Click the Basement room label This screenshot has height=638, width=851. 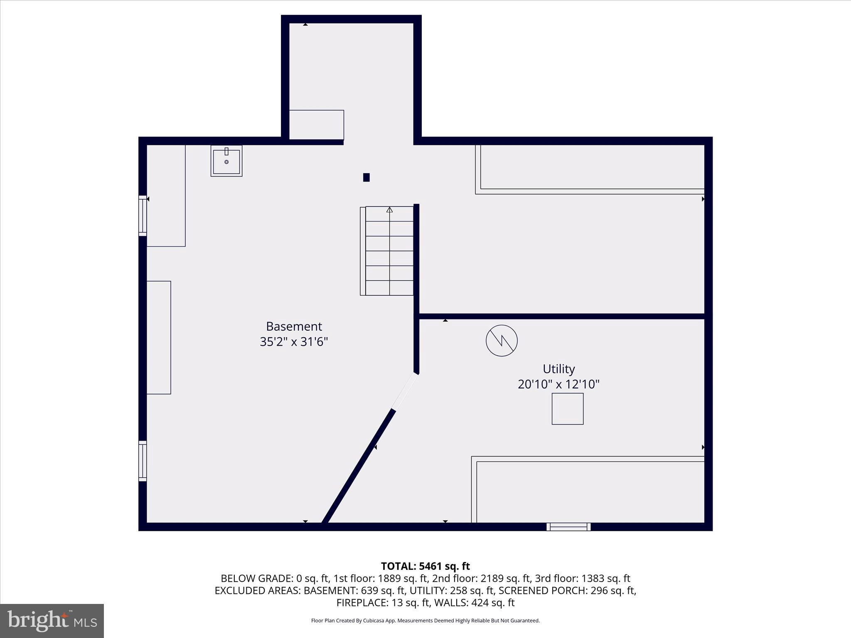click(x=294, y=326)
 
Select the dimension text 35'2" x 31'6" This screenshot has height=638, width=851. click(x=294, y=342)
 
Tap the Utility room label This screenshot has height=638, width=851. click(x=558, y=369)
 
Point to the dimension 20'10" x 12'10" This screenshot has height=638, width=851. click(x=558, y=384)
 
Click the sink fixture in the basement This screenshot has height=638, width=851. click(x=226, y=161)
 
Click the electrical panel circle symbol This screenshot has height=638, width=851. click(x=502, y=341)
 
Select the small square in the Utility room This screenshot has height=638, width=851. click(x=567, y=409)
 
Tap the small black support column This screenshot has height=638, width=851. click(x=366, y=177)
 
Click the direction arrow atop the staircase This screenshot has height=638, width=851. click(x=389, y=210)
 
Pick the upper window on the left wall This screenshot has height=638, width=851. click(x=143, y=216)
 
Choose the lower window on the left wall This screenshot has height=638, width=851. click(x=143, y=461)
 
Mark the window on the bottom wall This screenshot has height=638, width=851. click(x=568, y=527)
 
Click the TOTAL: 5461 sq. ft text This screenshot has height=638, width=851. click(x=425, y=566)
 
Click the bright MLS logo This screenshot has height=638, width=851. click(x=52, y=621)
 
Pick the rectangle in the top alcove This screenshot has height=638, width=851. click(x=316, y=125)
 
